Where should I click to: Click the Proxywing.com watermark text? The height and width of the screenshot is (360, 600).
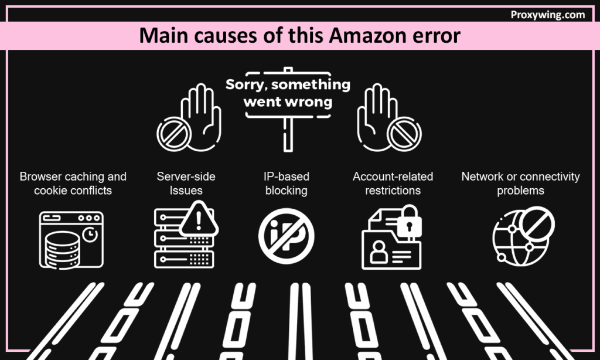(548, 15)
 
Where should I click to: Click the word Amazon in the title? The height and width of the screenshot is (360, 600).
(364, 36)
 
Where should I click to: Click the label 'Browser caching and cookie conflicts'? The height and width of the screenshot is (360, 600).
(73, 184)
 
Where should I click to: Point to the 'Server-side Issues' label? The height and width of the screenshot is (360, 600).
(186, 184)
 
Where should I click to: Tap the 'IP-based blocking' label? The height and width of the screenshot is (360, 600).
(287, 184)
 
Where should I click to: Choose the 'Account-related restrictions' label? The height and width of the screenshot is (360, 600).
(393, 184)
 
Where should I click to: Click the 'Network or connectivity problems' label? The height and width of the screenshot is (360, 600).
(520, 184)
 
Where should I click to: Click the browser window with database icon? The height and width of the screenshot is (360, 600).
(71, 239)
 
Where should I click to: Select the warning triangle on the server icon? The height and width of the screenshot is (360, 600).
(199, 219)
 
